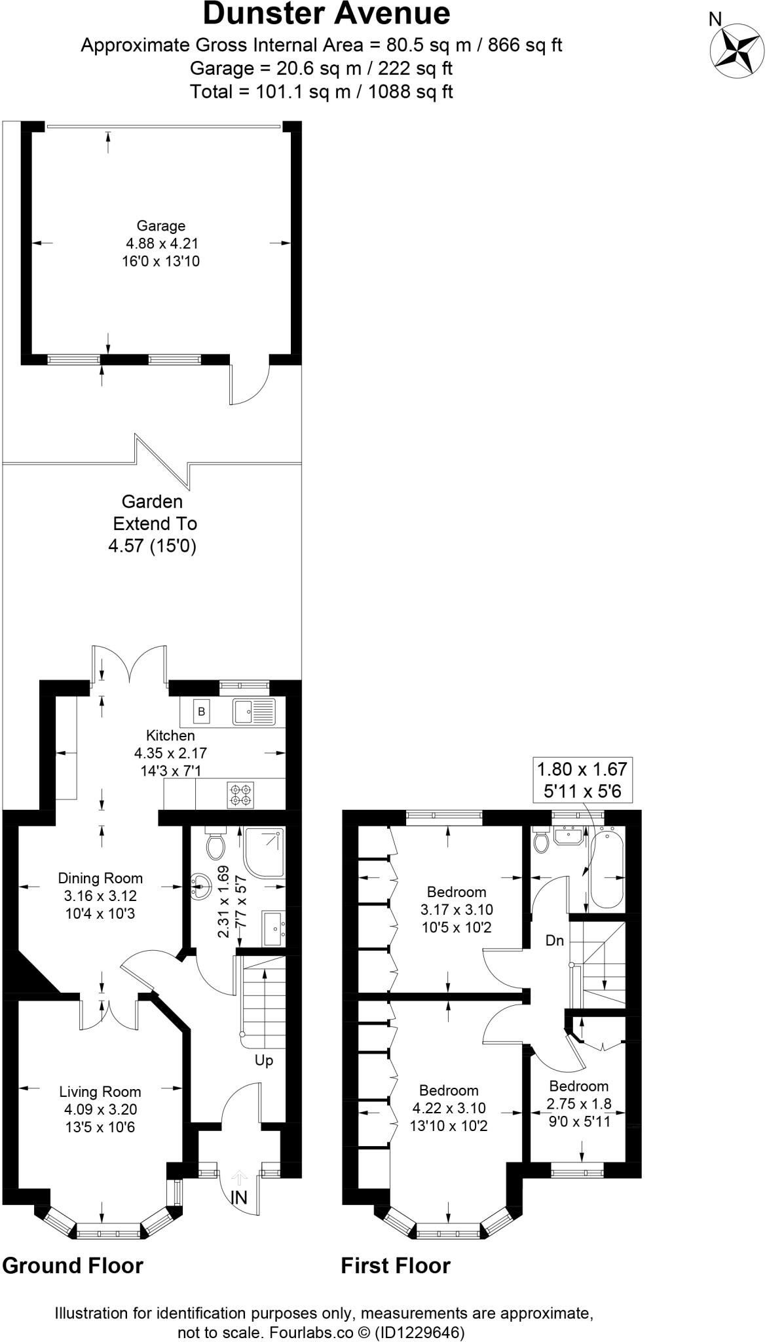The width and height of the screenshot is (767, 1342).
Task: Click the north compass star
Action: (738, 48)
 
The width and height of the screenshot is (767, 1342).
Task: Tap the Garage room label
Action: (161, 226)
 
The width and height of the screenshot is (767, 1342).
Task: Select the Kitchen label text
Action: (170, 735)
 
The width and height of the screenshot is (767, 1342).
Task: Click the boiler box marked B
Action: (202, 711)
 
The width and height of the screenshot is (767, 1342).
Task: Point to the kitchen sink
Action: (254, 711)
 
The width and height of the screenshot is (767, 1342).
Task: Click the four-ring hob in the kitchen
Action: (239, 794)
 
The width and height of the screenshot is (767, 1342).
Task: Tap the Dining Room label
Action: (100, 878)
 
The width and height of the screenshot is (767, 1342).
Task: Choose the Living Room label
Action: (100, 1092)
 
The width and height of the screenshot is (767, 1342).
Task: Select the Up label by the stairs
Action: (264, 1060)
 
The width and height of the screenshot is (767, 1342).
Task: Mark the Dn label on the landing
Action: (555, 940)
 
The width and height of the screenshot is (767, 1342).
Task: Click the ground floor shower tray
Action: (264, 853)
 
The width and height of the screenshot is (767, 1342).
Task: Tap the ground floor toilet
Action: (215, 844)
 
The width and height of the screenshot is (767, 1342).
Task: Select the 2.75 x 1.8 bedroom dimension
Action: (579, 1103)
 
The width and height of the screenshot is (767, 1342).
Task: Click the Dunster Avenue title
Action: (327, 14)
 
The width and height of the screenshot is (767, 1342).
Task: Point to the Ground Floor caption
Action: (73, 1265)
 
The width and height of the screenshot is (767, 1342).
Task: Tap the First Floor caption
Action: (396, 1265)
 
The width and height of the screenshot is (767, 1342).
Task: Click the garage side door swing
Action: (250, 384)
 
